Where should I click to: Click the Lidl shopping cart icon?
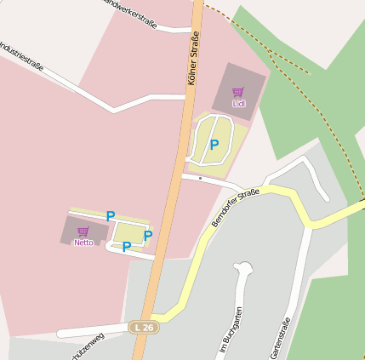pos(238,92)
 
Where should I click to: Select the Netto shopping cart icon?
pos(83,231)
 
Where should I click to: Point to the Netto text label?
pos(83,243)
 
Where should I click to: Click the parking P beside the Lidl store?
pos(214,145)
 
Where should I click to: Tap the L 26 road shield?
pos(143,327)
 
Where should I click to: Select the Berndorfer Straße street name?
pos(235,209)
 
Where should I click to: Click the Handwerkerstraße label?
pos(132,11)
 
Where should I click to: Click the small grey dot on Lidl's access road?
pos(200,179)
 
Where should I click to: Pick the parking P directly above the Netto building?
pos(111,216)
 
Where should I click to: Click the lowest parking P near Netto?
pos(127,248)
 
